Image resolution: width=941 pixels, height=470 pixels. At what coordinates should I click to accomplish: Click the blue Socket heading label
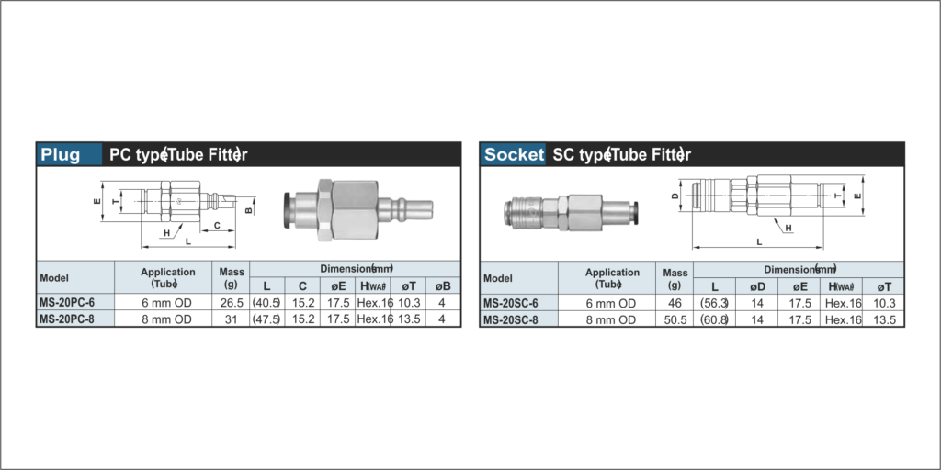(515, 154)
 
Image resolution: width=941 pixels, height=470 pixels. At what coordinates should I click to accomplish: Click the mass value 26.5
(231, 303)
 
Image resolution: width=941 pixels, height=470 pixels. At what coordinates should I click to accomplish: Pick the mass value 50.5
(675, 320)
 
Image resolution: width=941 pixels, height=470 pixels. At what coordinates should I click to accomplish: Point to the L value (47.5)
(266, 319)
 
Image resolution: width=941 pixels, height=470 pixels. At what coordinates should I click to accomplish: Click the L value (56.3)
(714, 303)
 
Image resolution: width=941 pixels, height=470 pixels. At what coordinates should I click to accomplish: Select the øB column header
(442, 286)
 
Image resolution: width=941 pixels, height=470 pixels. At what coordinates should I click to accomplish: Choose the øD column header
(757, 286)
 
